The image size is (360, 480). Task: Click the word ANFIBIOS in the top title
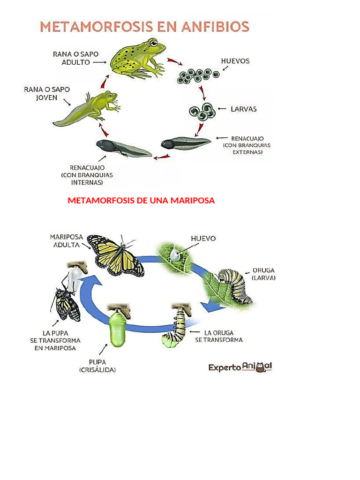[211, 26]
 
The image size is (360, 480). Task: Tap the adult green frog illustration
[138, 59]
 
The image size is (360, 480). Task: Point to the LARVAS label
[243, 109]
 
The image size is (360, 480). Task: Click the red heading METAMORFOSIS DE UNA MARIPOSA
[141, 201]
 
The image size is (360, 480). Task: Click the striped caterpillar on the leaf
[237, 284]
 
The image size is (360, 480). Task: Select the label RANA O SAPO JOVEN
[40, 93]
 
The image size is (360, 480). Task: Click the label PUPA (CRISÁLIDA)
[97, 366]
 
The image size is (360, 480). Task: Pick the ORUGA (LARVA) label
[263, 274]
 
